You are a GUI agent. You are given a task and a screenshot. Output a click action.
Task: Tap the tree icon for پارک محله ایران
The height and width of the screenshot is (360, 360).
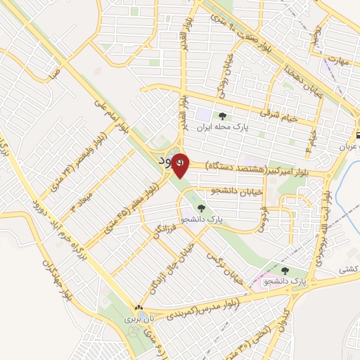[x=223, y=117]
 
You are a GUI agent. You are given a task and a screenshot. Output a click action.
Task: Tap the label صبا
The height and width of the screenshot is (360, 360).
[x=56, y=71]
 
